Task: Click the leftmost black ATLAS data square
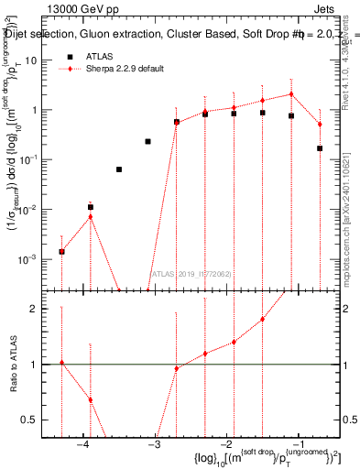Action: [61, 251]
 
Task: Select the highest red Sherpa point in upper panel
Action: [291, 93]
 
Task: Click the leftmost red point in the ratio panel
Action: [61, 363]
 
